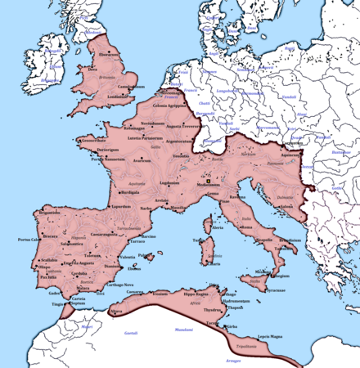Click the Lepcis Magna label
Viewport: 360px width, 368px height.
(x=272, y=336)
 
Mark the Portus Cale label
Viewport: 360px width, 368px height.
(x=29, y=240)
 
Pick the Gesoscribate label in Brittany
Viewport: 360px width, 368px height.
(x=89, y=140)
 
